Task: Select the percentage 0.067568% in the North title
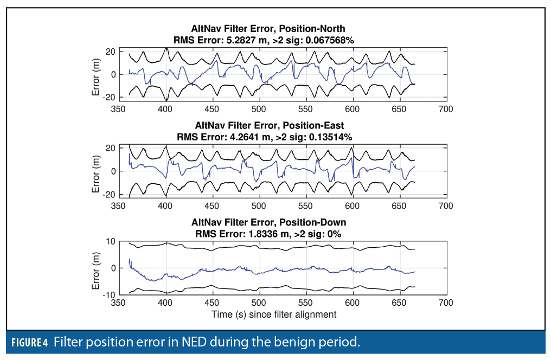(x=331, y=40)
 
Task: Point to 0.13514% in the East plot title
(x=329, y=137)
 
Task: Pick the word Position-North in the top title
(x=314, y=28)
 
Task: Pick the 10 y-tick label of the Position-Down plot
(x=110, y=241)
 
